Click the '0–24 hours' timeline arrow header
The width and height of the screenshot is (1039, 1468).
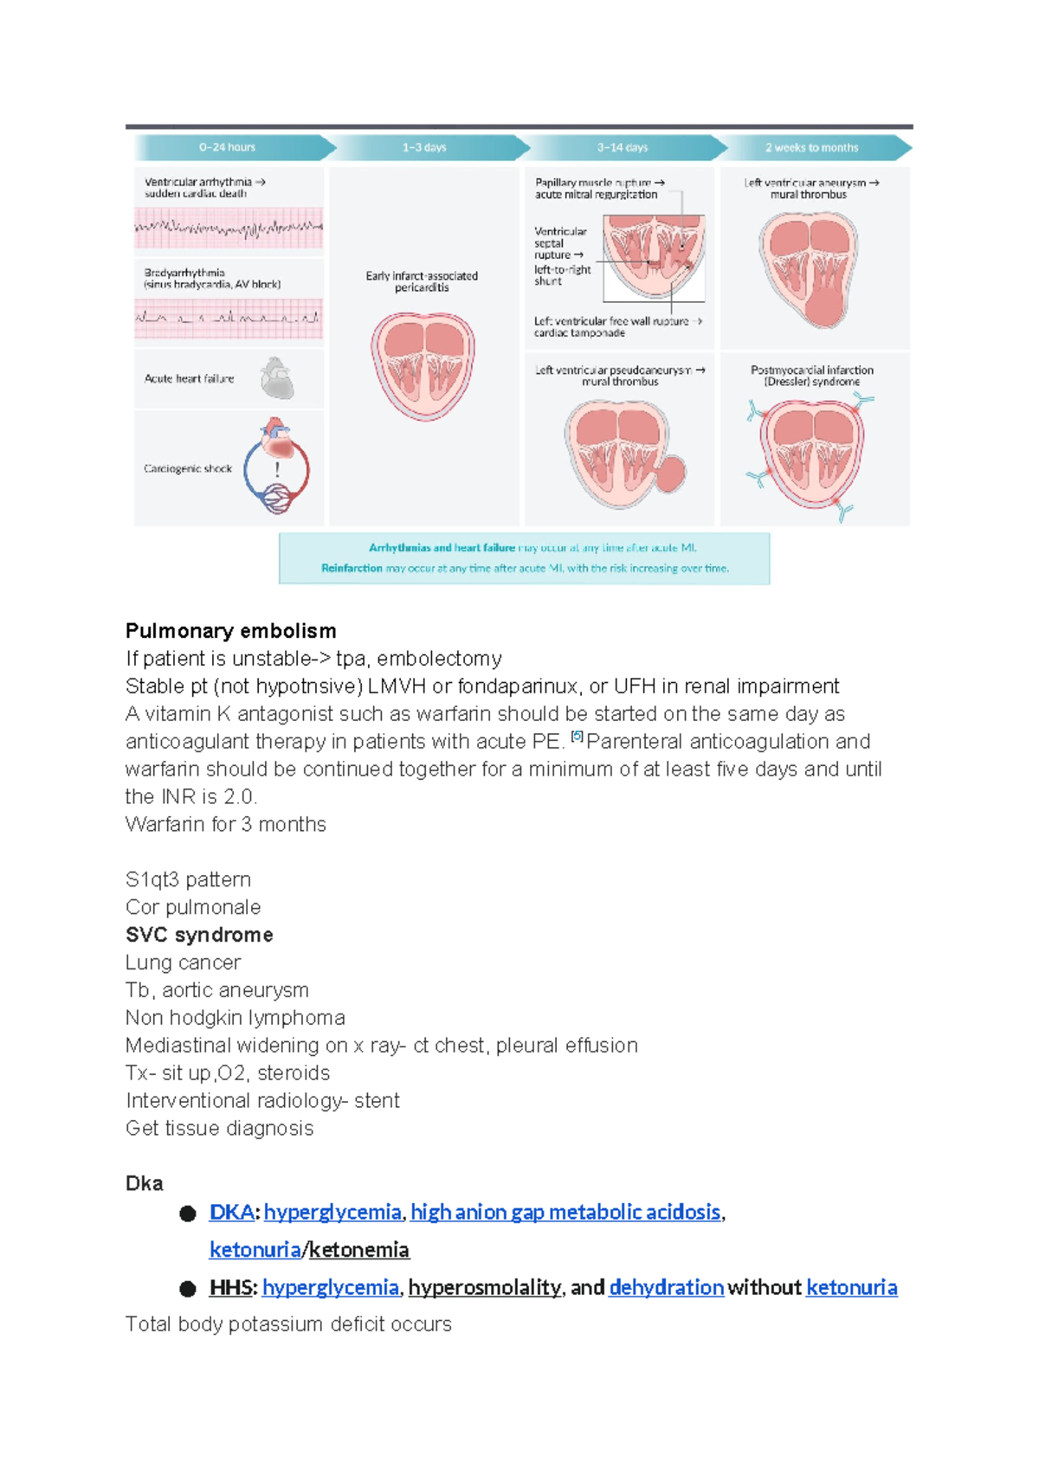(x=228, y=147)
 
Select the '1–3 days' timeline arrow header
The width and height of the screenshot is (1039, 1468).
(x=424, y=147)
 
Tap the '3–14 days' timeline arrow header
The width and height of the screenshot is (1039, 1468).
(x=622, y=147)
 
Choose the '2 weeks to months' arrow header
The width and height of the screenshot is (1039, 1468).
(x=811, y=147)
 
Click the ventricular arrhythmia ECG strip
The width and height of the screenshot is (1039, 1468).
(x=229, y=229)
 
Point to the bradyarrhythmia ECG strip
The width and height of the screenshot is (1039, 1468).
(x=229, y=318)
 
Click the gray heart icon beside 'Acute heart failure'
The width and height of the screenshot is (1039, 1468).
(x=277, y=378)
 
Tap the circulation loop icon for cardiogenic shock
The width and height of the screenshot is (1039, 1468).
(x=276, y=467)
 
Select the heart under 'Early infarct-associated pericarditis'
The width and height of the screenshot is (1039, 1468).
(x=423, y=365)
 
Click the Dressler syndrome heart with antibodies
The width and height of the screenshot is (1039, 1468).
(x=811, y=454)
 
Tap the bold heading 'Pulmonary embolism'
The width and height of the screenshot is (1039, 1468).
(x=230, y=631)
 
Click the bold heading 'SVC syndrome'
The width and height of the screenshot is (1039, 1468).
(x=199, y=935)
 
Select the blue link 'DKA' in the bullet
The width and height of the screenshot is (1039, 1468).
(x=231, y=1212)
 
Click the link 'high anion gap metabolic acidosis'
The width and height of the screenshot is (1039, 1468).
(x=565, y=1212)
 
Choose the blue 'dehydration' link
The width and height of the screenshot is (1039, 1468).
(x=666, y=1287)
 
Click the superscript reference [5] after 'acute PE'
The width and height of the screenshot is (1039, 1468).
(x=578, y=737)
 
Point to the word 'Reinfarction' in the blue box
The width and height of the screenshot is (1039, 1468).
(x=352, y=569)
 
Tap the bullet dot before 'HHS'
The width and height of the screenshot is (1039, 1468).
(x=188, y=1288)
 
